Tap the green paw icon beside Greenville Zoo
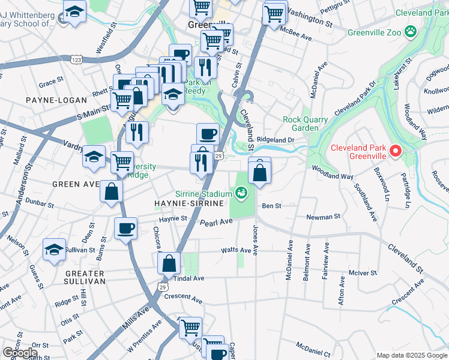(x=411, y=30)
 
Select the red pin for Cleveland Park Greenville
(x=396, y=151)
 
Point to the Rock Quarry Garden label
(x=306, y=124)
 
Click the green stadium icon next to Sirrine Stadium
(x=241, y=193)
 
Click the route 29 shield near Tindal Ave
(x=161, y=287)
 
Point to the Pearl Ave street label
(x=216, y=222)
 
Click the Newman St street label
(x=324, y=217)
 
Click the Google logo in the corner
(x=20, y=352)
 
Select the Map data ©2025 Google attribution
(x=411, y=355)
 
